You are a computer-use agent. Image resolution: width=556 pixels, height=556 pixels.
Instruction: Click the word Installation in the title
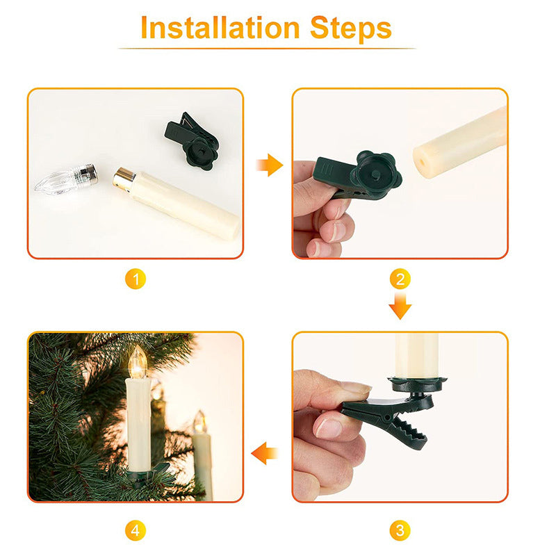220,28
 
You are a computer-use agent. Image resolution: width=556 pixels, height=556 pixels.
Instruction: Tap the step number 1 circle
136,279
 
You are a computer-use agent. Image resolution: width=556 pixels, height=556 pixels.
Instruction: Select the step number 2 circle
400,279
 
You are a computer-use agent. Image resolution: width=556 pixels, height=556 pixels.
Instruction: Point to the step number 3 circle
400,530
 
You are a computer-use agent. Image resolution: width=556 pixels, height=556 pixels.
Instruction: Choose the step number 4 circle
136,530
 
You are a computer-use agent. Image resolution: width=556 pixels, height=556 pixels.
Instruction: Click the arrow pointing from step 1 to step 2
270,165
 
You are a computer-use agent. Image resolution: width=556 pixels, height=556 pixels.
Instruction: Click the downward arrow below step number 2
400,306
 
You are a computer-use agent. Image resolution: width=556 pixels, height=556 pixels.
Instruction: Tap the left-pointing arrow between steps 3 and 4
265,453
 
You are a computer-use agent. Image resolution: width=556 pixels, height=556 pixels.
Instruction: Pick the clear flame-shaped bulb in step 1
66,179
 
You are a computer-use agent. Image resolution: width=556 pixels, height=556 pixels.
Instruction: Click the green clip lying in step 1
192,141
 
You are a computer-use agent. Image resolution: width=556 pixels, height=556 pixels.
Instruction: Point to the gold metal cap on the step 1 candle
124,177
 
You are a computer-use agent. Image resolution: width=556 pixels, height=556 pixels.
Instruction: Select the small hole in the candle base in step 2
422,164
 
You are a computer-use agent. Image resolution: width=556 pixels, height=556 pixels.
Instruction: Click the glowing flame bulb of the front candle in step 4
138,361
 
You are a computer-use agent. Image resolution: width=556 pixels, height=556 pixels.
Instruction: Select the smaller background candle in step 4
202,456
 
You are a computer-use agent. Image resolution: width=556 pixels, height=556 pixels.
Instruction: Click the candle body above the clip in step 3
417,355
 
